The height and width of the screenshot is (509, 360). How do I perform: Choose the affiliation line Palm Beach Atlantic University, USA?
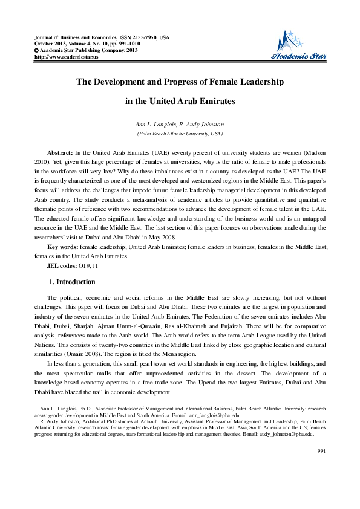point(180,133)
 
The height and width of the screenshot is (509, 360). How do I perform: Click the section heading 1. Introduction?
point(71,282)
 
